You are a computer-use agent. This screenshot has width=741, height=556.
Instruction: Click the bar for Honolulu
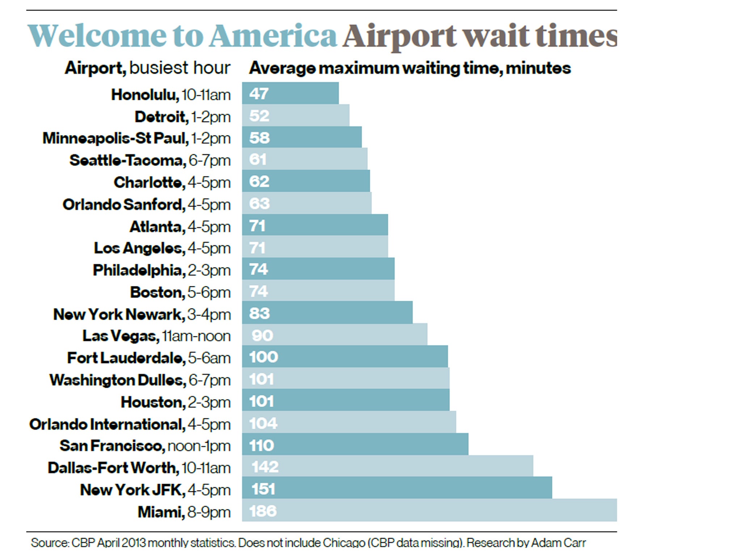[x=290, y=93]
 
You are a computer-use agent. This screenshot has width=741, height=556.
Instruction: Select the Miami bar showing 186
[x=429, y=510]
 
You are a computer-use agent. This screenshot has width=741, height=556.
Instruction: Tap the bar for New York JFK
[x=397, y=488]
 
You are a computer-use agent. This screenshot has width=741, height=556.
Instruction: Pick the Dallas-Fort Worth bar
[x=387, y=466]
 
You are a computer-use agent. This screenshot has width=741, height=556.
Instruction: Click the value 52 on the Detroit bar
[x=259, y=116]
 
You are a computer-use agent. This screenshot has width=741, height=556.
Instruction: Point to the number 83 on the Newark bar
[x=259, y=313]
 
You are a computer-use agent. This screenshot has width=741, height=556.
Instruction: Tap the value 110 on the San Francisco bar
[x=261, y=445]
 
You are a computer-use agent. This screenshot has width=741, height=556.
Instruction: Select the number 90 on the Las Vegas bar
[x=262, y=336]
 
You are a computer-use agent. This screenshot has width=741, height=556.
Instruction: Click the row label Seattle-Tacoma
[x=128, y=160]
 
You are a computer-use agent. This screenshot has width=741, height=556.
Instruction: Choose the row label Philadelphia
[x=137, y=270]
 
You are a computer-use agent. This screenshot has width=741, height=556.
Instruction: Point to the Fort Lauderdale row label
[x=126, y=358]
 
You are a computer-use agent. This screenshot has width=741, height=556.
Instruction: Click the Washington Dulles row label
[x=118, y=380]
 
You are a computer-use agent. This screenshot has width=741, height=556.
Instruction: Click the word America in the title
[x=273, y=36]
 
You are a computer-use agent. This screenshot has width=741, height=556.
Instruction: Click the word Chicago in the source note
[x=344, y=543]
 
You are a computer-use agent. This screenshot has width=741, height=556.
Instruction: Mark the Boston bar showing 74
[x=318, y=291]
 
